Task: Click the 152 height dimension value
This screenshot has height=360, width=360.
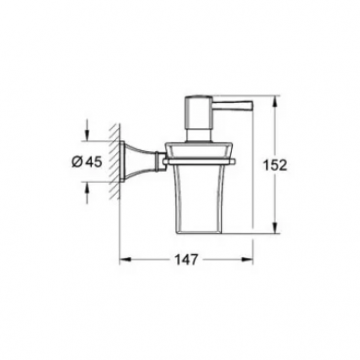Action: click(275, 165)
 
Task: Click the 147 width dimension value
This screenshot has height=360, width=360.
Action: click(186, 260)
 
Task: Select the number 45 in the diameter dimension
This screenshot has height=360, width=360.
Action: click(93, 161)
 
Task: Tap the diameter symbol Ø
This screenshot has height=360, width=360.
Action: click(77, 161)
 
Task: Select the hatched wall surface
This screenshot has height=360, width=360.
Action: click(114, 161)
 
